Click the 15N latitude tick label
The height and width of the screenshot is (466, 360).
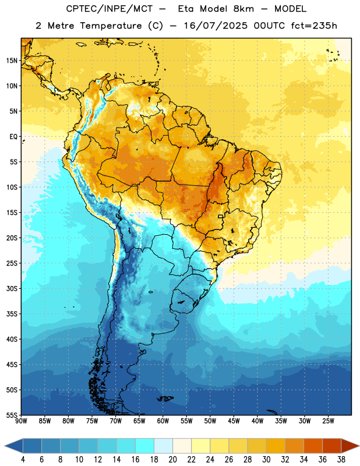pyautogui.click(x=12, y=61)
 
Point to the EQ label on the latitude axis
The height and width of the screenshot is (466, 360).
pyautogui.click(x=13, y=137)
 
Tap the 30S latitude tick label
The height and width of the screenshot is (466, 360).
pyautogui.click(x=12, y=288)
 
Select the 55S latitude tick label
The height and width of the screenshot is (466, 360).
pyautogui.click(x=12, y=415)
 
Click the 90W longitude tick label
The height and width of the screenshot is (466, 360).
pyautogui.click(x=21, y=421)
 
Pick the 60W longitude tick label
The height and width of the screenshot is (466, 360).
pyautogui.click(x=163, y=421)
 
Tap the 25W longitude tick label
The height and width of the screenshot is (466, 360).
pyautogui.click(x=328, y=421)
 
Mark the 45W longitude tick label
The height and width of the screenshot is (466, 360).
pyautogui.click(x=234, y=421)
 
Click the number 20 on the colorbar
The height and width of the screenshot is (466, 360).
pyautogui.click(x=172, y=460)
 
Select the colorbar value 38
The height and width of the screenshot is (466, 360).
pyautogui.click(x=341, y=460)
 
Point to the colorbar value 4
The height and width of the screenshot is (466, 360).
pyautogui.click(x=23, y=460)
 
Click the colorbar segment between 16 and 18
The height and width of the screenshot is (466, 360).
pyautogui.click(x=144, y=446)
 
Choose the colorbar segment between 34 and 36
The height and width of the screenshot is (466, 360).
pyautogui.click(x=313, y=446)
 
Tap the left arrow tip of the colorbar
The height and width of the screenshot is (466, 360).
pyautogui.click(x=5, y=446)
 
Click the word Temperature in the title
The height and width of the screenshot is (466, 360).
pyautogui.click(x=111, y=26)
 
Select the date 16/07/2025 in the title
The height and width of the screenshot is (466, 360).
pyautogui.click(x=216, y=26)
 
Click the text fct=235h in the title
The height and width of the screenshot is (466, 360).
pyautogui.click(x=314, y=26)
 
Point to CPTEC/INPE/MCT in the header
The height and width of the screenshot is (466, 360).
pyautogui.click(x=109, y=9)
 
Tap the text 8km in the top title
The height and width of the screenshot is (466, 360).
pyautogui.click(x=243, y=9)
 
